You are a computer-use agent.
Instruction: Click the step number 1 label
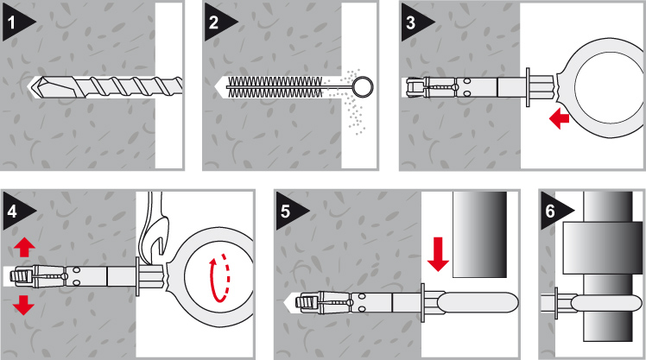coord(11,22)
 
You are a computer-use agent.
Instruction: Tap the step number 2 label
coord(213,22)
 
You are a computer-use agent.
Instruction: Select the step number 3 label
coord(410,22)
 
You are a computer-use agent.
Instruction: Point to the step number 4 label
coord(12,211)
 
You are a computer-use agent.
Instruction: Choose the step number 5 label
coord(285,211)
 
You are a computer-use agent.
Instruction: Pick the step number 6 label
coord(550,211)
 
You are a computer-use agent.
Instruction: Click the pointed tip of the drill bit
coord(28,87)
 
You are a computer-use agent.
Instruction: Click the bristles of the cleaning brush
coord(275,87)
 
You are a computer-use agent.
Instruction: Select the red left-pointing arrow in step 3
coord(559,118)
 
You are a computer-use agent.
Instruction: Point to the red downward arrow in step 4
coord(23,306)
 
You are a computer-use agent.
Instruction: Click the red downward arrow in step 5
coord(438,254)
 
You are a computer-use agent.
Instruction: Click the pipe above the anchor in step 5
coord(480,234)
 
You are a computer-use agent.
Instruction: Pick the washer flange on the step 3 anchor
coord(528,87)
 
